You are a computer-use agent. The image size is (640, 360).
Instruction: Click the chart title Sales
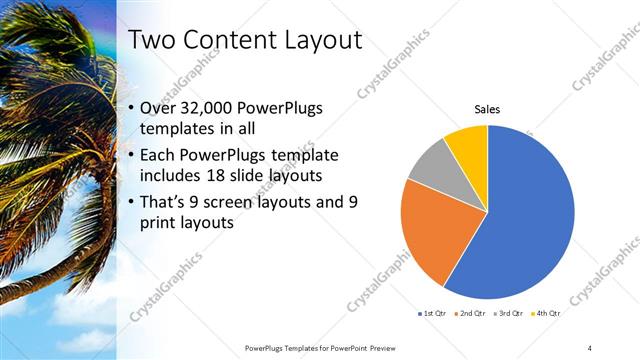tap(487, 109)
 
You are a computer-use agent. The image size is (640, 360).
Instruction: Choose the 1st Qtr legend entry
tap(433, 314)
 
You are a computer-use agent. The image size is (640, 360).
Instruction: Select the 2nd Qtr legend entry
tap(472, 314)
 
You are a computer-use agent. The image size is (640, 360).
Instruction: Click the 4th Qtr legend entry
tap(547, 314)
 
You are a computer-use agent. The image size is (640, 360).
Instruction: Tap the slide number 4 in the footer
tap(590, 347)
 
